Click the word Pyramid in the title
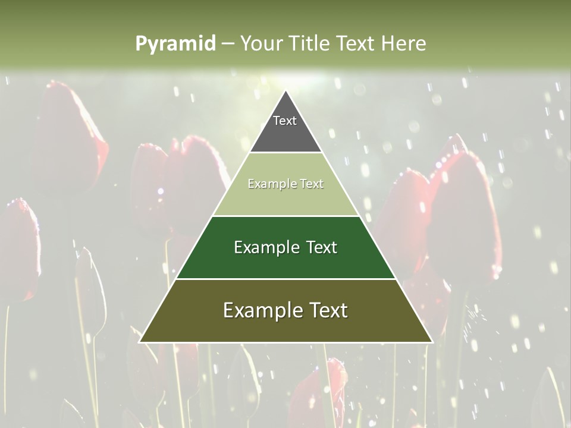[x=175, y=43]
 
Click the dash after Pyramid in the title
[x=228, y=44]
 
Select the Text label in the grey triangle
[x=285, y=121]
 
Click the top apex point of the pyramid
[x=285, y=91]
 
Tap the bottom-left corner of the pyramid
[x=140, y=342]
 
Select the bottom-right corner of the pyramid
[x=432, y=342]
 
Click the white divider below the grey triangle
[x=285, y=153]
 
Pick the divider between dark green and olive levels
[x=285, y=279]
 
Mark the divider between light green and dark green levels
[x=285, y=216]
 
